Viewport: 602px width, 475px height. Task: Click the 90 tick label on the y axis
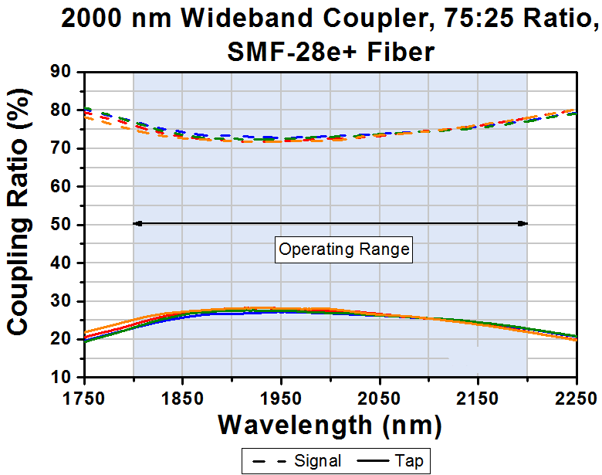click(x=61, y=73)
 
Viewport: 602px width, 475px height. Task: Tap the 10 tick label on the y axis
click(x=61, y=377)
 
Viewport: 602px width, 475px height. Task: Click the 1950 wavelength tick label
click(x=280, y=399)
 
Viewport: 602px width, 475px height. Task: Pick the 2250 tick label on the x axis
click(x=576, y=399)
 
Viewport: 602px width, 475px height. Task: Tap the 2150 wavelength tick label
click(x=478, y=399)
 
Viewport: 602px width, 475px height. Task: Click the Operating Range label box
click(x=344, y=249)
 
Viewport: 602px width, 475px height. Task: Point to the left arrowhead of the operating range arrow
click(x=137, y=223)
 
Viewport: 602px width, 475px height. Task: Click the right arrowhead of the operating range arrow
click(x=523, y=223)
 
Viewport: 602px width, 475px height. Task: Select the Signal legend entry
click(x=296, y=461)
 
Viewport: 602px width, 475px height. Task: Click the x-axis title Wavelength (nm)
click(x=330, y=424)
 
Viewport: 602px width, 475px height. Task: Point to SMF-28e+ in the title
click(x=276, y=51)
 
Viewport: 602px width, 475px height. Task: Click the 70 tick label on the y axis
click(x=61, y=148)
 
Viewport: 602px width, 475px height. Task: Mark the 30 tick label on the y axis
click(x=61, y=301)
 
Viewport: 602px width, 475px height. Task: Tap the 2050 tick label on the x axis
click(x=379, y=399)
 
